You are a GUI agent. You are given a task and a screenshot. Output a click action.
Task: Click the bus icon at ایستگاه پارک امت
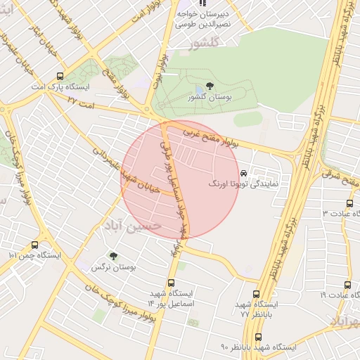click(60, 76)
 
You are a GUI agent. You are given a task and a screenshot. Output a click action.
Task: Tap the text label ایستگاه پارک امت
click(60, 87)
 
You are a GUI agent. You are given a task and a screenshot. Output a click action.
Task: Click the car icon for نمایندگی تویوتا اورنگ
click(243, 173)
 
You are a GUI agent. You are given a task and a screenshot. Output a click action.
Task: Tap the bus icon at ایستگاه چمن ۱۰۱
click(35, 245)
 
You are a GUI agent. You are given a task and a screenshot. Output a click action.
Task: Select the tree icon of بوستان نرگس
click(113, 257)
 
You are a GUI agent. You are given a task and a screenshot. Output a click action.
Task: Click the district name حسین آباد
click(133, 224)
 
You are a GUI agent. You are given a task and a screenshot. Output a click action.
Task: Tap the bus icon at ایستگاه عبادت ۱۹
click(347, 285)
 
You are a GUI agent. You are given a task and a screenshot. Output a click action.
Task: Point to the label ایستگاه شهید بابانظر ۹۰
click(258, 348)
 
